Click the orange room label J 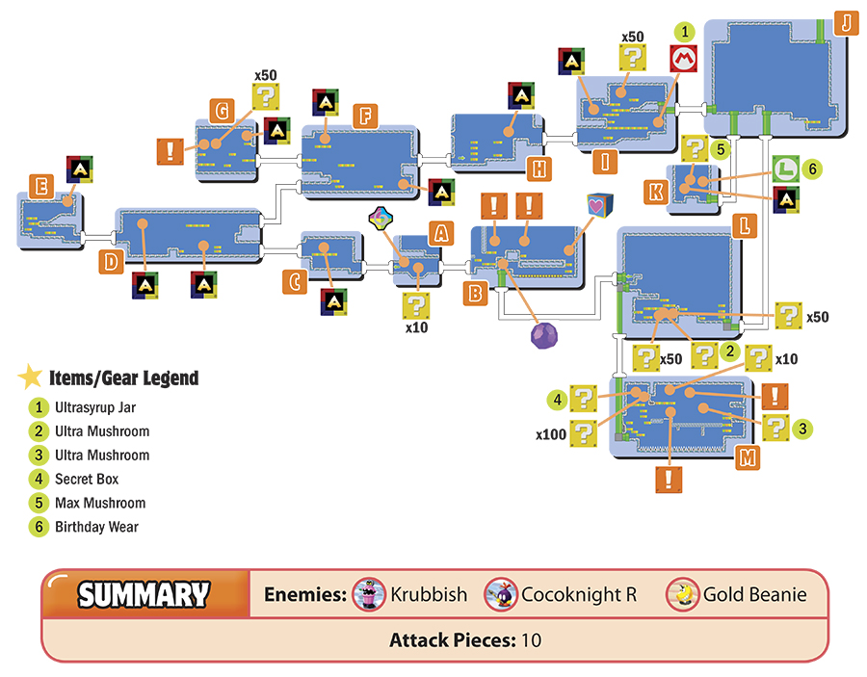click(846, 23)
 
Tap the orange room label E click(41, 186)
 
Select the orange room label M click(747, 457)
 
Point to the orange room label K click(656, 192)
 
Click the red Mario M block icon click(683, 59)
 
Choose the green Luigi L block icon click(786, 169)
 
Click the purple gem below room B click(544, 335)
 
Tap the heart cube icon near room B click(600, 205)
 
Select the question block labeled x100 click(584, 433)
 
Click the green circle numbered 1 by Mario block click(685, 32)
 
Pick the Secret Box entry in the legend click(87, 480)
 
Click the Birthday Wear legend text click(96, 527)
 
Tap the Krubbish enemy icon click(369, 594)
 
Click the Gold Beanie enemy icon click(682, 594)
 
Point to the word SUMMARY click(144, 594)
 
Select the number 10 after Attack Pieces click(532, 640)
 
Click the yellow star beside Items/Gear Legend click(31, 377)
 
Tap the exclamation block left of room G click(171, 151)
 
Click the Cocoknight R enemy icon click(500, 594)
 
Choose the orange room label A click(440, 233)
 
